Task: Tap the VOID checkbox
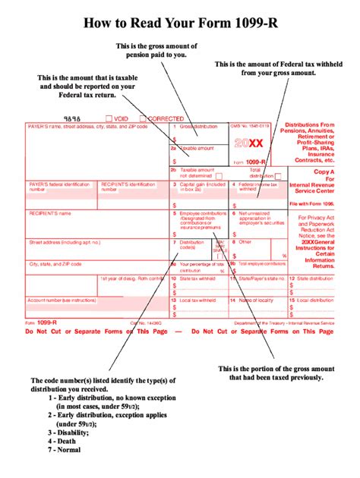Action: (109, 119)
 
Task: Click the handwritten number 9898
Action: (72, 119)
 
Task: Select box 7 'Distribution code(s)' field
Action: (191, 246)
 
